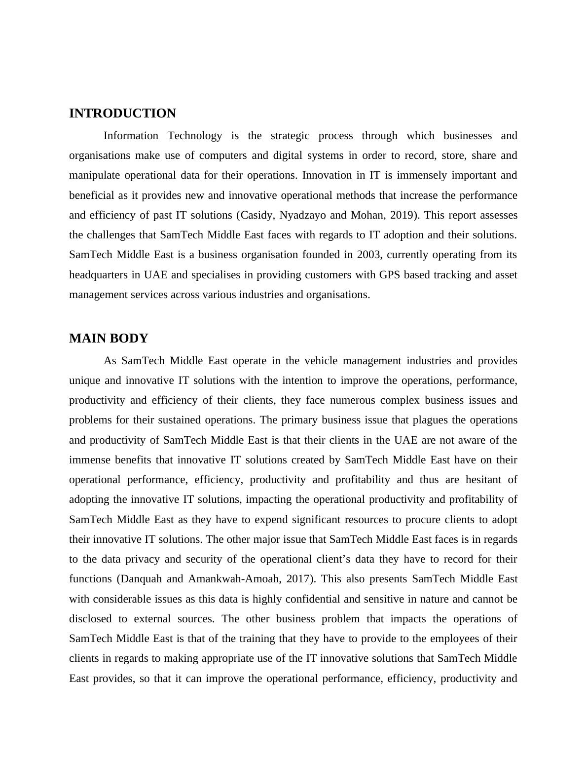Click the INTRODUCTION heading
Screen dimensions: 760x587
[x=122, y=114]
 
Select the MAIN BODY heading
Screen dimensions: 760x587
[x=109, y=339]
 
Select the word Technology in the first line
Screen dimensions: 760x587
[x=195, y=136]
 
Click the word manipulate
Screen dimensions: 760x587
[x=94, y=175]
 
